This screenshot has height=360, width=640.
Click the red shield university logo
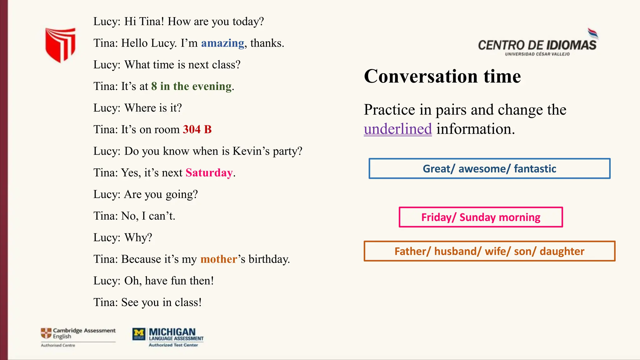[x=60, y=45]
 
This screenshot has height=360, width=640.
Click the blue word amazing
[x=222, y=43]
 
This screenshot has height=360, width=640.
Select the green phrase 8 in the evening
[x=191, y=86]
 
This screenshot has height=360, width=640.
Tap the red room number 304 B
[x=197, y=129]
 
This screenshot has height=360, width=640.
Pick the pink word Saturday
[x=209, y=173]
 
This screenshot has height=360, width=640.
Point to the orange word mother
[x=218, y=259]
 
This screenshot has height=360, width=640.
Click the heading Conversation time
[x=442, y=76]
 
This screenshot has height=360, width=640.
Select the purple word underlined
[x=397, y=129]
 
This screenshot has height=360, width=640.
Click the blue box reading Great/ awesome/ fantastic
[x=489, y=169]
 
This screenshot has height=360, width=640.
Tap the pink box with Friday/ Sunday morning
[x=481, y=217]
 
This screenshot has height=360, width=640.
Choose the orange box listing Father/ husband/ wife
[x=489, y=251]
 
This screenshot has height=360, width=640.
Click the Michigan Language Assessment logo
[x=168, y=337]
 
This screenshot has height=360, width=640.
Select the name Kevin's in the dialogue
[x=251, y=151]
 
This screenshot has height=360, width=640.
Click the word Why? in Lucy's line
[x=138, y=238]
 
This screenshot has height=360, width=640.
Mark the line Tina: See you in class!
[x=147, y=302]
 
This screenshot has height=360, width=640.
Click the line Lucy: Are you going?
[x=146, y=194]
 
